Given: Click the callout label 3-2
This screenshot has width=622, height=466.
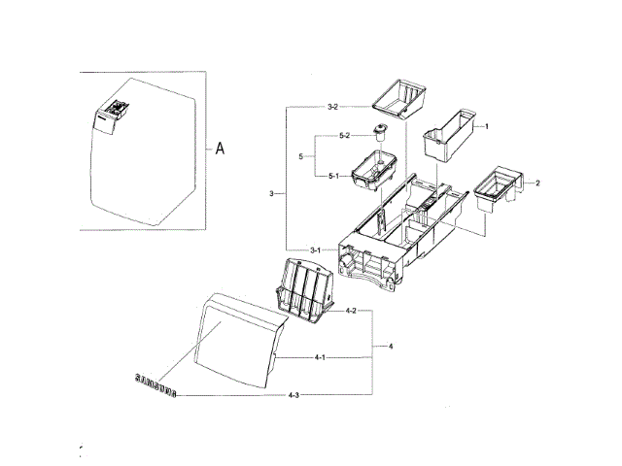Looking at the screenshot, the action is tap(331, 105).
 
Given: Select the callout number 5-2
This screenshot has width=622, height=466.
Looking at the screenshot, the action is tap(344, 135).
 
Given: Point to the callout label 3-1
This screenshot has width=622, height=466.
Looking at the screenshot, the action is tap(316, 250).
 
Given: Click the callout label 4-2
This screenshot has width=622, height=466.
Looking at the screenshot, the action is tap(351, 311).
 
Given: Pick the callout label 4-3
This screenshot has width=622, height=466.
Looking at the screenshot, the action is tap(294, 395).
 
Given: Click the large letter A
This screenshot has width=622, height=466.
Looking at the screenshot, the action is tap(220, 149).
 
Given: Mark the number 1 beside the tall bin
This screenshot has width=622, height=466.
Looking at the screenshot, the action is tap(486, 127).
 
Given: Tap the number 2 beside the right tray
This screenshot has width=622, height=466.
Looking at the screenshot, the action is tap(537, 183).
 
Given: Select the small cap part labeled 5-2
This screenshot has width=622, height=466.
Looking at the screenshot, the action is tap(379, 132).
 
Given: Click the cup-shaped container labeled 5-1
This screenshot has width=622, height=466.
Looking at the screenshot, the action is tap(373, 171).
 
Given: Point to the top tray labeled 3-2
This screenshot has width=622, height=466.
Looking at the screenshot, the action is tap(400, 98).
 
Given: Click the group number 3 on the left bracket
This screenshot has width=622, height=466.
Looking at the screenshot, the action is tap(271, 195).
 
